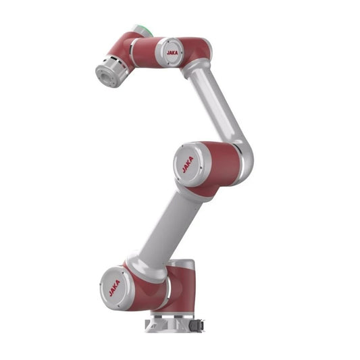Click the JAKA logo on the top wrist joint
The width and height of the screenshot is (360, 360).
pos(172,53)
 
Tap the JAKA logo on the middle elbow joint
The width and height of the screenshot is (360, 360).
pos(188,164)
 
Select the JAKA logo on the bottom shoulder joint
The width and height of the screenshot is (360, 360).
pos(114,288)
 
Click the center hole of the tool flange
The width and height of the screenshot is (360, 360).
pos(105,75)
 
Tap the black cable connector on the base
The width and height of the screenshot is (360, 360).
pos(197,326)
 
